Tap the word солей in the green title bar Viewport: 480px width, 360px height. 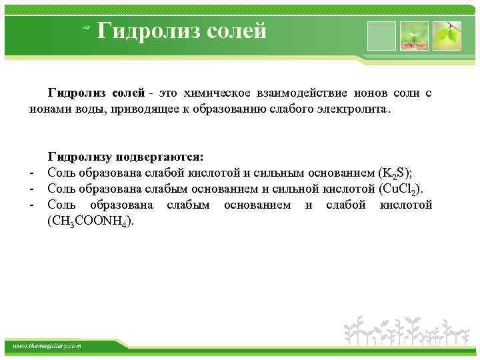[232, 30]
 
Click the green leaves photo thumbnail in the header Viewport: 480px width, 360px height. [447, 36]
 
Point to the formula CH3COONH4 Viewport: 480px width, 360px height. [91, 221]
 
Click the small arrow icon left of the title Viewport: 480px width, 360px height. [85, 27]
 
